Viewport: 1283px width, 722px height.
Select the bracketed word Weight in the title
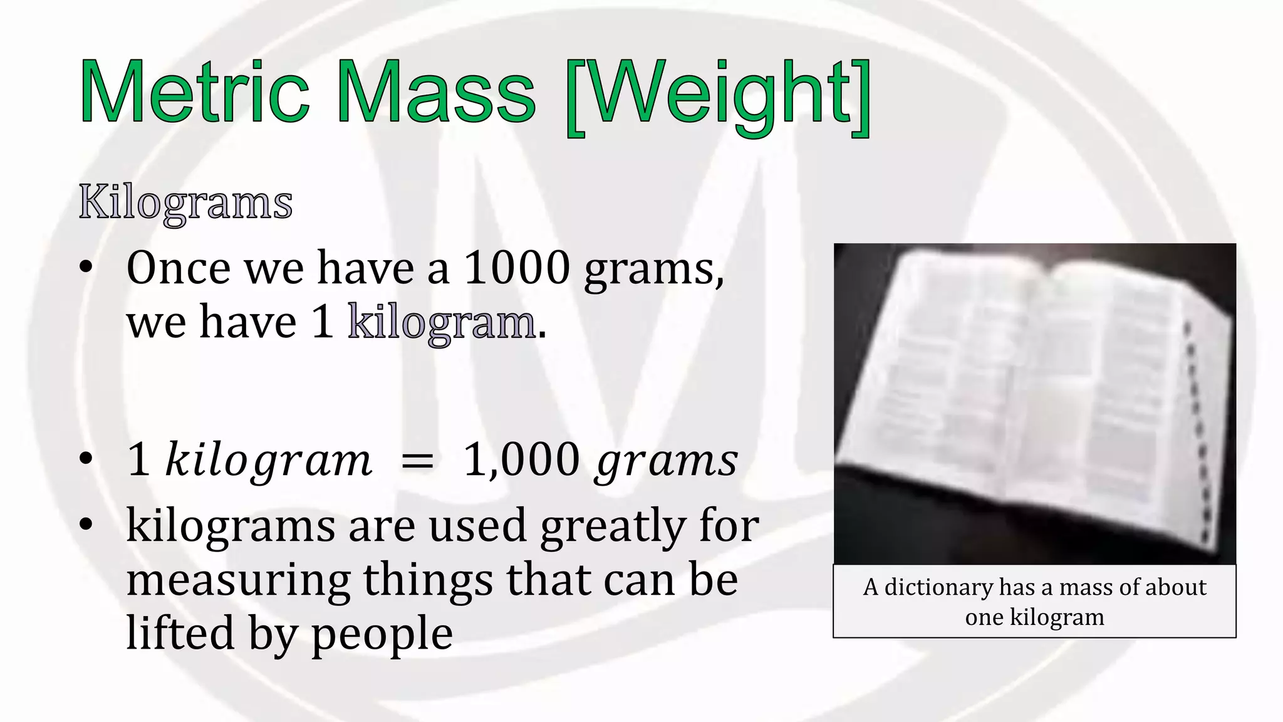[x=717, y=97]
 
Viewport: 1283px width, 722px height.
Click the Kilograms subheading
[x=185, y=203]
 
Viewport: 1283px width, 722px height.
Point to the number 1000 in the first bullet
[x=517, y=268]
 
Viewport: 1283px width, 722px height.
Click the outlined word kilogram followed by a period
[x=442, y=322]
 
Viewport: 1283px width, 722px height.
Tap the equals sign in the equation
[x=417, y=461]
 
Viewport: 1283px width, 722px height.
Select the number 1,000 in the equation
[x=521, y=460]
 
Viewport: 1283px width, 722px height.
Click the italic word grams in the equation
[x=668, y=463]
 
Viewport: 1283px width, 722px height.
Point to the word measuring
[x=238, y=580]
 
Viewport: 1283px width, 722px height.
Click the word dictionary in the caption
[x=938, y=588]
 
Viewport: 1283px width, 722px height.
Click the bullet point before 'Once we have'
[x=86, y=268]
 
